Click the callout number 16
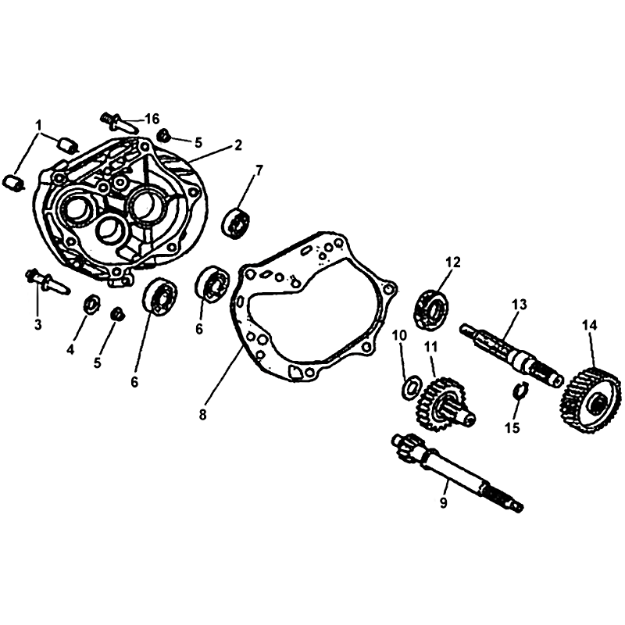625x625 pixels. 152,119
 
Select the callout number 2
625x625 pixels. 238,145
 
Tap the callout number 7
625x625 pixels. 259,170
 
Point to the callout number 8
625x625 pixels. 203,415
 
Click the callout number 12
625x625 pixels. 453,262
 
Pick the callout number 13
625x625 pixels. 520,305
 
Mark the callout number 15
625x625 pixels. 512,427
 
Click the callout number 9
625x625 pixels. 444,502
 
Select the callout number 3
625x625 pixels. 37,325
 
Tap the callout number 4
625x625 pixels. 70,350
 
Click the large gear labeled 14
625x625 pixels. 591,400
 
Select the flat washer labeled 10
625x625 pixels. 412,386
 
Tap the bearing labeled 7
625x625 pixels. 238,223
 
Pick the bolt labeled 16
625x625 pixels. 119,122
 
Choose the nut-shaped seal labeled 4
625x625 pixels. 92,305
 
